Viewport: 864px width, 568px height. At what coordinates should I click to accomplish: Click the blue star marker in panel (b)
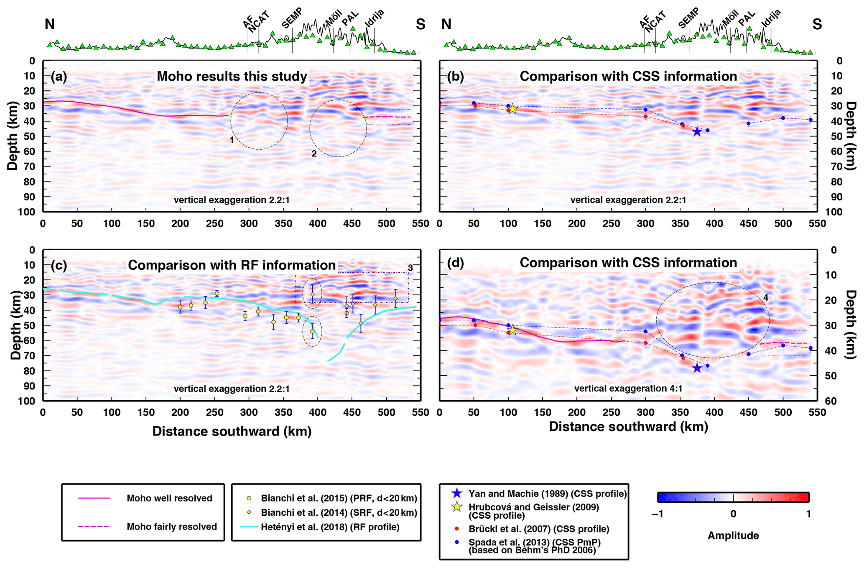tap(697, 132)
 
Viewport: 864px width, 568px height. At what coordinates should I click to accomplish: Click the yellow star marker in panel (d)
tap(512, 330)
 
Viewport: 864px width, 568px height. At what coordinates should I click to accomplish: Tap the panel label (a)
tap(59, 77)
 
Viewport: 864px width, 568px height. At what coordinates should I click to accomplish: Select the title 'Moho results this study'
tap(232, 77)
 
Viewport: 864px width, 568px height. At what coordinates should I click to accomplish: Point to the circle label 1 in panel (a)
tap(232, 140)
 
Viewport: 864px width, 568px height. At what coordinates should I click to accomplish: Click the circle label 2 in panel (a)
tap(314, 154)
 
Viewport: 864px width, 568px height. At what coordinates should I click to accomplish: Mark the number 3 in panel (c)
tap(410, 268)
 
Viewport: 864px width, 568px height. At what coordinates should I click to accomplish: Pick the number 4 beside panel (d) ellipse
tap(766, 298)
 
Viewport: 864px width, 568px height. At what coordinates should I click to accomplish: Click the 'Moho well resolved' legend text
tap(169, 498)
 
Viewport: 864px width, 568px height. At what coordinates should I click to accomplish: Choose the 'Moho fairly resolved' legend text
tap(172, 527)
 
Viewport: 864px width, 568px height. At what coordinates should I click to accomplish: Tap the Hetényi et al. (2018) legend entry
tap(330, 527)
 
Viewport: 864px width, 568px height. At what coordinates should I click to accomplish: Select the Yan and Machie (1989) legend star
tap(457, 494)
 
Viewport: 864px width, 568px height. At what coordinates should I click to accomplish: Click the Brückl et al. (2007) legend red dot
tap(457, 529)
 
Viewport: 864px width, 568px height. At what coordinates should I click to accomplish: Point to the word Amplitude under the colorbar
tap(733, 536)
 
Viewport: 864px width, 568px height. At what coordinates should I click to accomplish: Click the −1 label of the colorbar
tap(658, 514)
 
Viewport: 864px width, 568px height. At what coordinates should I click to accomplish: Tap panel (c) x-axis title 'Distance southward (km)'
tap(232, 431)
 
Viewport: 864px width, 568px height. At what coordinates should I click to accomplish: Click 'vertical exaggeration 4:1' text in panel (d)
tap(628, 389)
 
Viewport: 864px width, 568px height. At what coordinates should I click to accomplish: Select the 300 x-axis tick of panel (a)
tap(249, 224)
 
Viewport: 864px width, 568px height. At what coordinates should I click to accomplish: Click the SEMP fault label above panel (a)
tap(292, 18)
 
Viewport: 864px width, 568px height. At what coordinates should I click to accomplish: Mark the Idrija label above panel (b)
tap(771, 18)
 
